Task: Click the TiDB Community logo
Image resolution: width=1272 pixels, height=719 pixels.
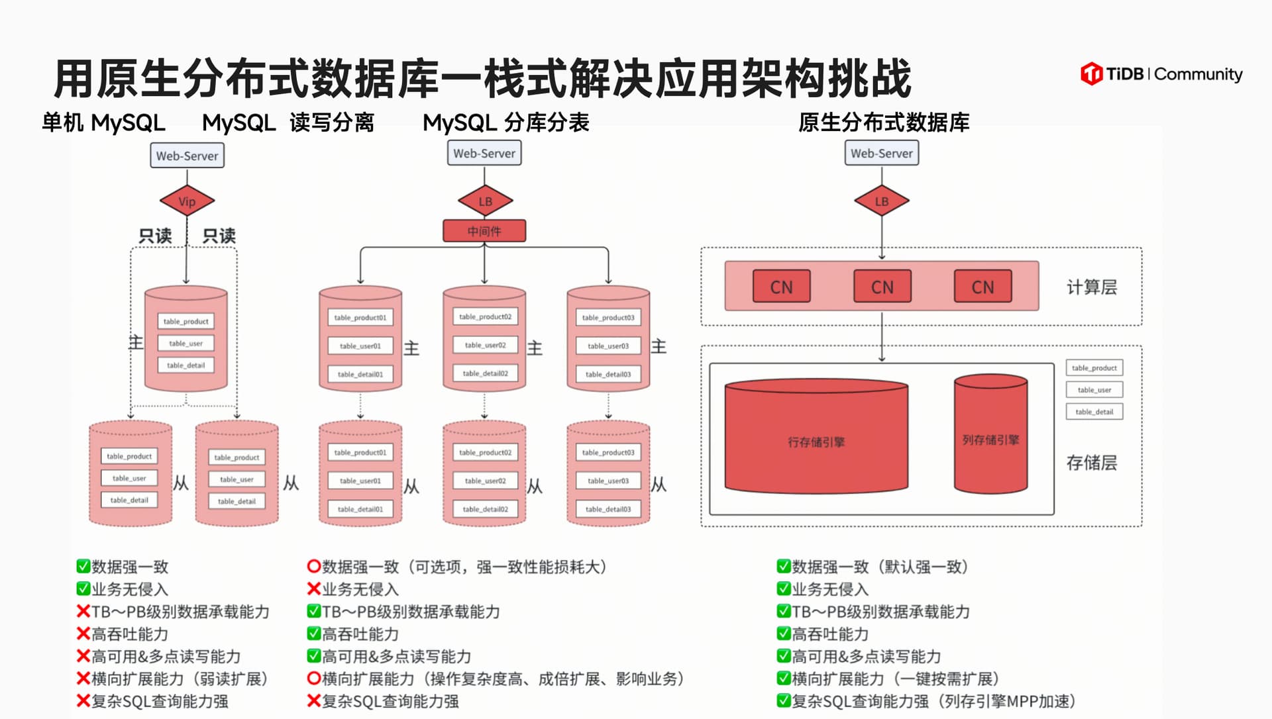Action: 1161,73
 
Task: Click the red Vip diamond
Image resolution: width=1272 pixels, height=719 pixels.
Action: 187,201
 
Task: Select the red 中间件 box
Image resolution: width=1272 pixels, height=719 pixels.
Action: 484,231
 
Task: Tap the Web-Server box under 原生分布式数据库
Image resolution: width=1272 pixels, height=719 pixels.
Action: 881,154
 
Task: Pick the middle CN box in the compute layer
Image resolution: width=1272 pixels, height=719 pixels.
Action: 882,287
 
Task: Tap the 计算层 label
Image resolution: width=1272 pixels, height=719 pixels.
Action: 1091,287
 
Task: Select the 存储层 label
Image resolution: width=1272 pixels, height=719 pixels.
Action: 1091,463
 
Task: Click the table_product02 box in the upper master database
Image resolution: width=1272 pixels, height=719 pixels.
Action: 485,317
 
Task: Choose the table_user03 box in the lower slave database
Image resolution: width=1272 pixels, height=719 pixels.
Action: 608,481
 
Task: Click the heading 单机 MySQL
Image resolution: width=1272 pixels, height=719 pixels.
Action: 103,123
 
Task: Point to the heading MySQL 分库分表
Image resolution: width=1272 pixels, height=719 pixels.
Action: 505,123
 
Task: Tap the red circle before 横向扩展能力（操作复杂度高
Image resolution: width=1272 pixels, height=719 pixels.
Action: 314,679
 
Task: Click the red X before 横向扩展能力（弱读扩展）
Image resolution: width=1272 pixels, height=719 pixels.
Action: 83,679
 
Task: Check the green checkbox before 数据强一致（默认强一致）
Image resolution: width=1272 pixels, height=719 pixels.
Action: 784,567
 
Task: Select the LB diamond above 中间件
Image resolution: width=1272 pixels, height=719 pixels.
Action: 485,201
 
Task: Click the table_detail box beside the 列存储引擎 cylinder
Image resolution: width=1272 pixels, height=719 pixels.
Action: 1094,412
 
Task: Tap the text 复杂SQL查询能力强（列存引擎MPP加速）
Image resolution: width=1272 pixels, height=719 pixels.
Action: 933,701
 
